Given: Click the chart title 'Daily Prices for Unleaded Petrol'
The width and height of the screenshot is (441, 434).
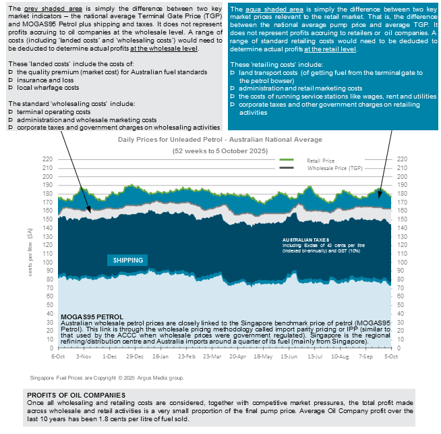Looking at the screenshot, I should point(220,139).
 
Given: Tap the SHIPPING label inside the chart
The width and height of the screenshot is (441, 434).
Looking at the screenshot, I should point(127,260).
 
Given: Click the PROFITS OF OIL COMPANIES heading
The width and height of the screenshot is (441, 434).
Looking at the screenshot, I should point(76,395).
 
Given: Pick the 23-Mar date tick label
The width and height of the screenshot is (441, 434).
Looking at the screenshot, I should point(210,355).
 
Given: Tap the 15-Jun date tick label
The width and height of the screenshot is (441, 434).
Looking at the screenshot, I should point(288,355).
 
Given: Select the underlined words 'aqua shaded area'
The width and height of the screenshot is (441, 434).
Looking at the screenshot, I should point(265,8).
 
